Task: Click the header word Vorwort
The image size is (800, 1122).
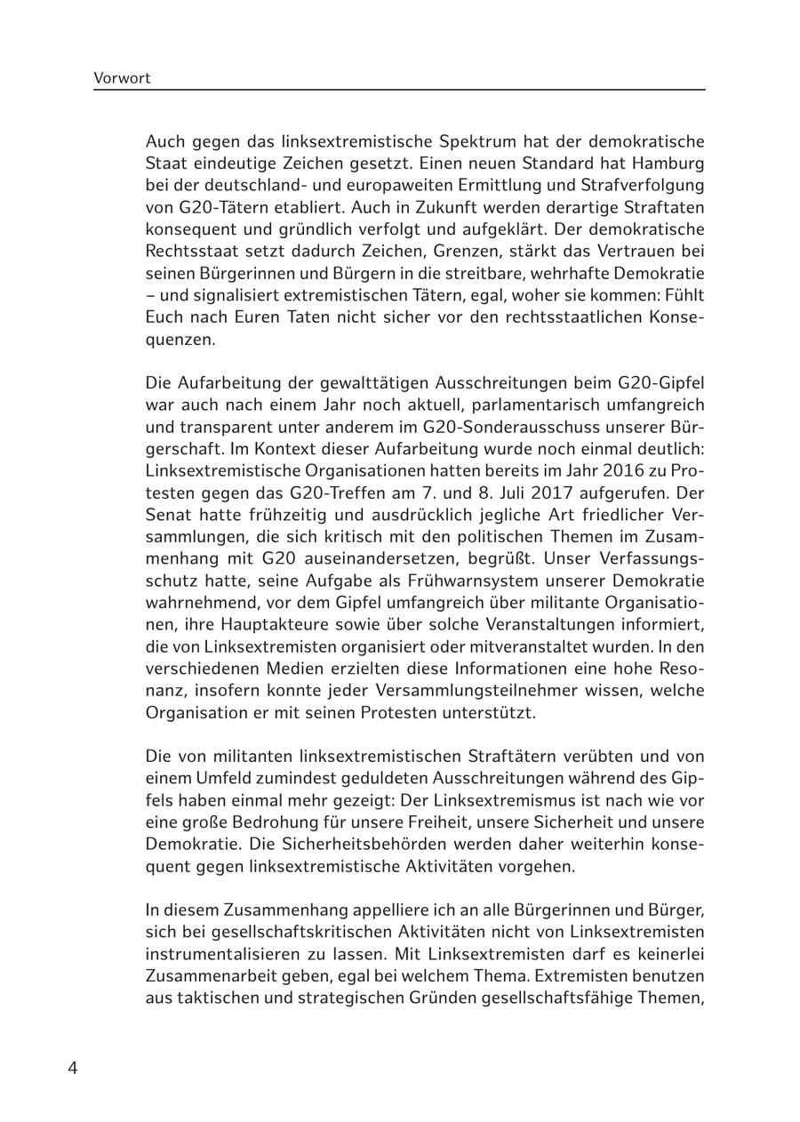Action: tap(122, 78)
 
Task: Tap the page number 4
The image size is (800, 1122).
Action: tap(73, 1068)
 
